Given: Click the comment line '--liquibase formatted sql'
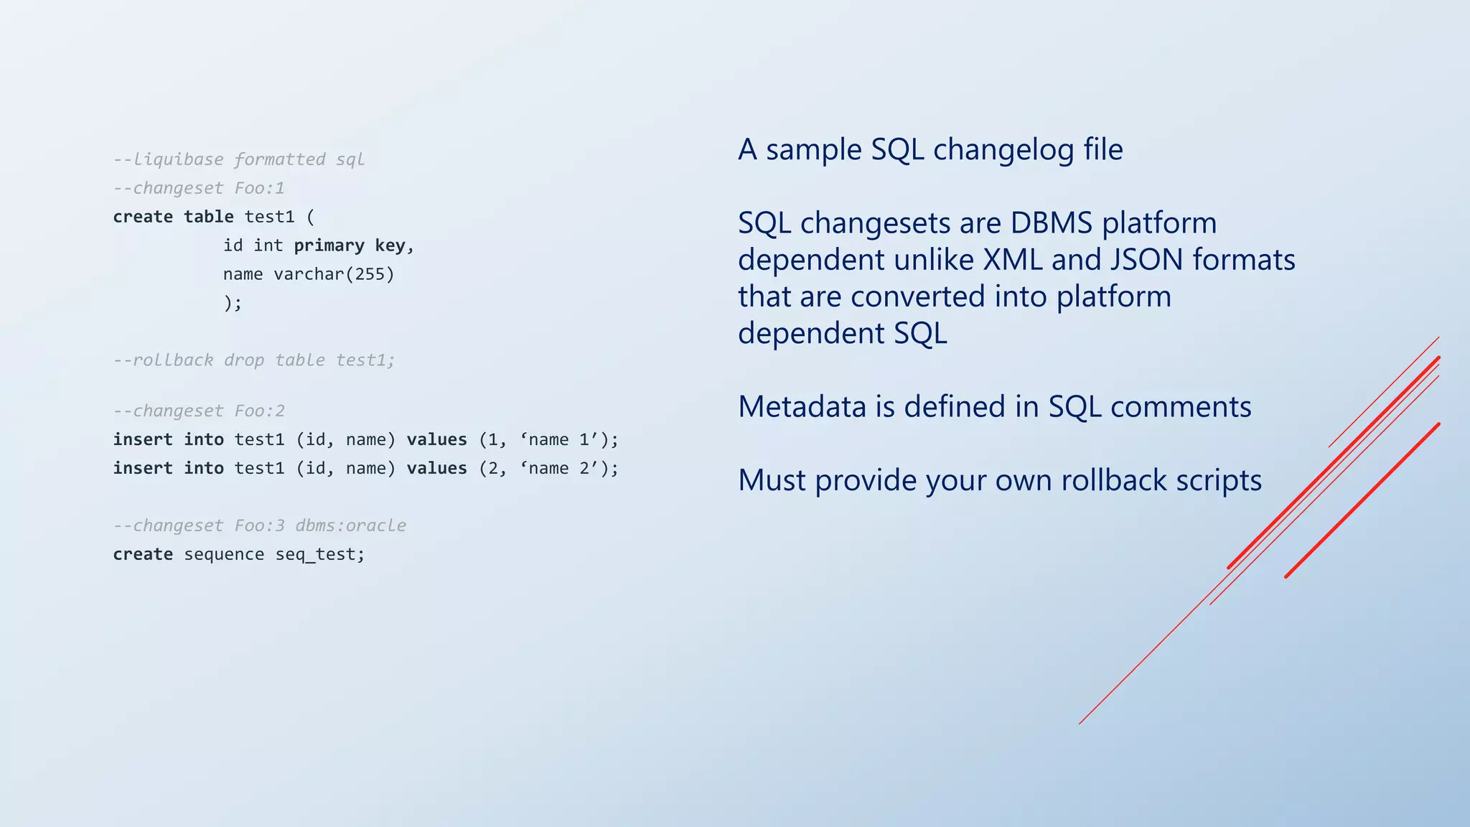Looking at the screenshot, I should [238, 159].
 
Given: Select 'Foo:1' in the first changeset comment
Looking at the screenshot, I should [259, 188].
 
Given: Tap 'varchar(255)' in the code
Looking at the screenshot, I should [334, 274].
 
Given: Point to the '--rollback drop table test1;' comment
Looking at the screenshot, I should [254, 360].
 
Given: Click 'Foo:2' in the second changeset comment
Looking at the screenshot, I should [259, 411].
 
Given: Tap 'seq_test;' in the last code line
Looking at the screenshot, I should [320, 554].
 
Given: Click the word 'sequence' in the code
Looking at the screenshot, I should [224, 554].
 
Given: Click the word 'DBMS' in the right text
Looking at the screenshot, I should [1052, 223].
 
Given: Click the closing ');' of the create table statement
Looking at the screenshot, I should [233, 303].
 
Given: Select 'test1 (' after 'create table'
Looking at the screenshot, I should [279, 217].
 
